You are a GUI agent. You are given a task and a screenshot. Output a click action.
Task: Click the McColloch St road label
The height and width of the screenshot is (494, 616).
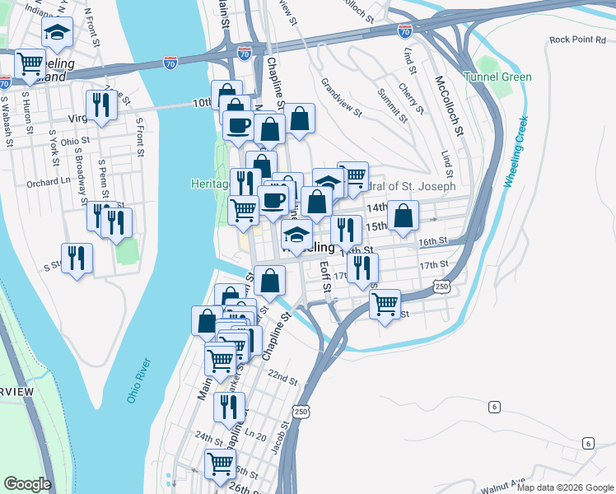pyautogui.click(x=450, y=106)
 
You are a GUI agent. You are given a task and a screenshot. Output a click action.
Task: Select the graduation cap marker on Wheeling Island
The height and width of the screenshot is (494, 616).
pyautogui.click(x=57, y=32)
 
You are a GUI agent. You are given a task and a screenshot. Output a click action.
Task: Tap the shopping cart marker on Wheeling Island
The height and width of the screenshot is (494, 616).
pyautogui.click(x=30, y=63)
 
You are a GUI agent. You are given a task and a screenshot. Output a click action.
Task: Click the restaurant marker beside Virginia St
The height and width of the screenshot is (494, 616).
pyautogui.click(x=101, y=105)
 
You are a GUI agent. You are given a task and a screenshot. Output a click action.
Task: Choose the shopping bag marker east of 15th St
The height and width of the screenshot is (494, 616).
pyautogui.click(x=404, y=215)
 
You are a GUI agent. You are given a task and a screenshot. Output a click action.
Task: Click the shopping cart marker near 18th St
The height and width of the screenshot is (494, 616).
pyautogui.click(x=385, y=303)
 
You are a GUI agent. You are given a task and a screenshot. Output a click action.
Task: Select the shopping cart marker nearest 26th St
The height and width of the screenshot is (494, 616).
pyautogui.click(x=221, y=464)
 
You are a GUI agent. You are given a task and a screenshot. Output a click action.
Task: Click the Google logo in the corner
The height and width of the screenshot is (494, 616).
pyautogui.click(x=27, y=484)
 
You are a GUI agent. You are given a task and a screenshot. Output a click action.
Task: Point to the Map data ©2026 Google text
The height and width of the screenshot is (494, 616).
pyautogui.click(x=566, y=487)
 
